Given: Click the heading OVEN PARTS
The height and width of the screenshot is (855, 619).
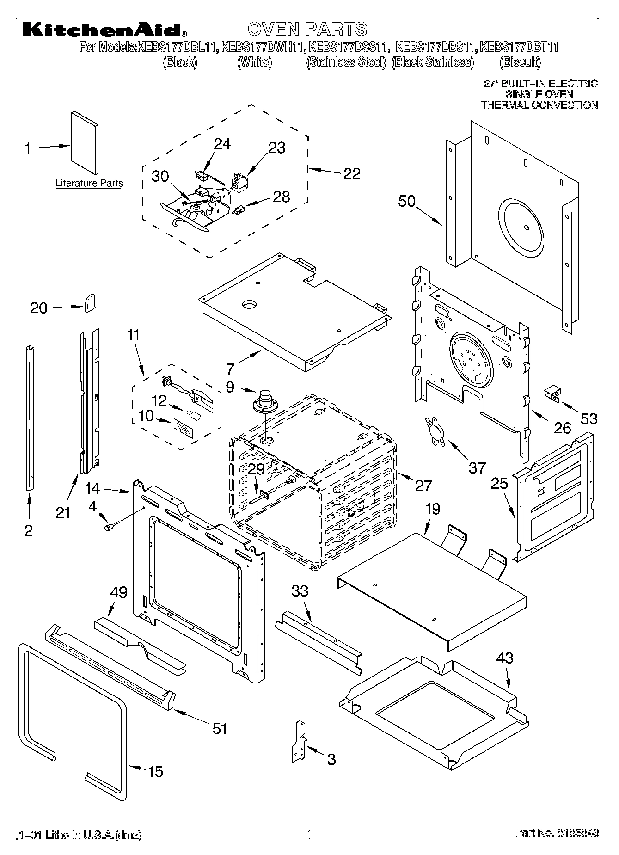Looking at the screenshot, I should click(x=307, y=29).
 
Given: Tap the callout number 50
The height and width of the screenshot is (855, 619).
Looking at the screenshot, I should click(x=407, y=201).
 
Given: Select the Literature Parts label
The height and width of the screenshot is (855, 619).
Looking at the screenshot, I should click(x=89, y=183).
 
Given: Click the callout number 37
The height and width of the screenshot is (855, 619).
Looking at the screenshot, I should click(x=477, y=467).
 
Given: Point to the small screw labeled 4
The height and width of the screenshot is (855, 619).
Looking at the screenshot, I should click(x=111, y=526).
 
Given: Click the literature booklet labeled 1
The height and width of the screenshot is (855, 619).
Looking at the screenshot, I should click(x=85, y=144).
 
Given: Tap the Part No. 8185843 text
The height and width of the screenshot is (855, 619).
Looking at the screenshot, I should click(x=557, y=833).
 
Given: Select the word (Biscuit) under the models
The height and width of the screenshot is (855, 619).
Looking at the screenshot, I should click(x=520, y=62).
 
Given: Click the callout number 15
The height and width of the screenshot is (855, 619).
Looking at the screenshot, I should click(x=155, y=771).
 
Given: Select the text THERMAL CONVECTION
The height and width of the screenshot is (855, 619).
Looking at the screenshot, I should click(x=539, y=105).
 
